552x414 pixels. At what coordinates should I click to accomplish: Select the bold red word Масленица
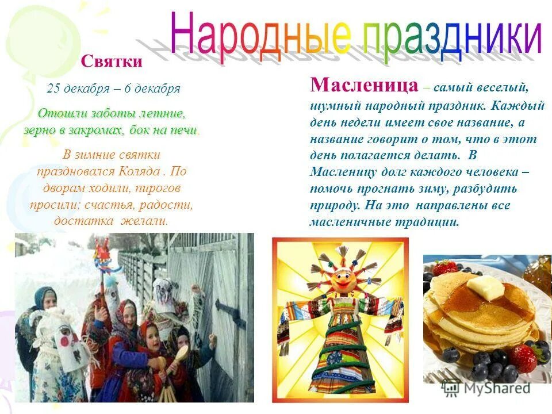click(363, 86)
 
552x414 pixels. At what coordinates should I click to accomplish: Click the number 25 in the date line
click(53, 89)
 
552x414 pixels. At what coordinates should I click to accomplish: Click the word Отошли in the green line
click(57, 113)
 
